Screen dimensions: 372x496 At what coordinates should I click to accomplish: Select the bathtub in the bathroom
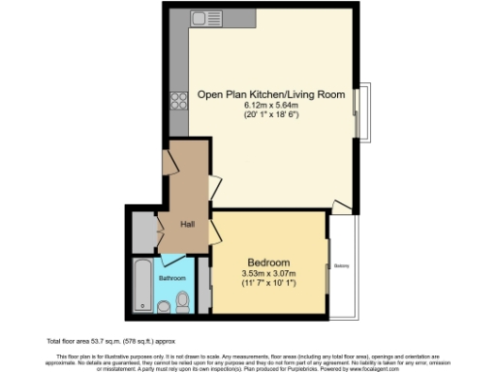(x=143, y=286)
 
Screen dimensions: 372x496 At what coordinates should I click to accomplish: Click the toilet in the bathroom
(x=182, y=305)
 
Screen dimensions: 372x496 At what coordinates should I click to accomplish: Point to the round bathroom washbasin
(x=163, y=307)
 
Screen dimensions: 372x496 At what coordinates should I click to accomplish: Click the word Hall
(x=188, y=225)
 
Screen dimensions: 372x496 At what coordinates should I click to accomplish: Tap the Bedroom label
(x=268, y=263)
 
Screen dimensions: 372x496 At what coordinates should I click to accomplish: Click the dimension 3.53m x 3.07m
(x=268, y=273)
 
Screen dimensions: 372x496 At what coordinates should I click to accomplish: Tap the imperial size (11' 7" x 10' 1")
(x=268, y=283)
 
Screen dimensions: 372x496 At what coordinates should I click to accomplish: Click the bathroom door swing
(x=173, y=260)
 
